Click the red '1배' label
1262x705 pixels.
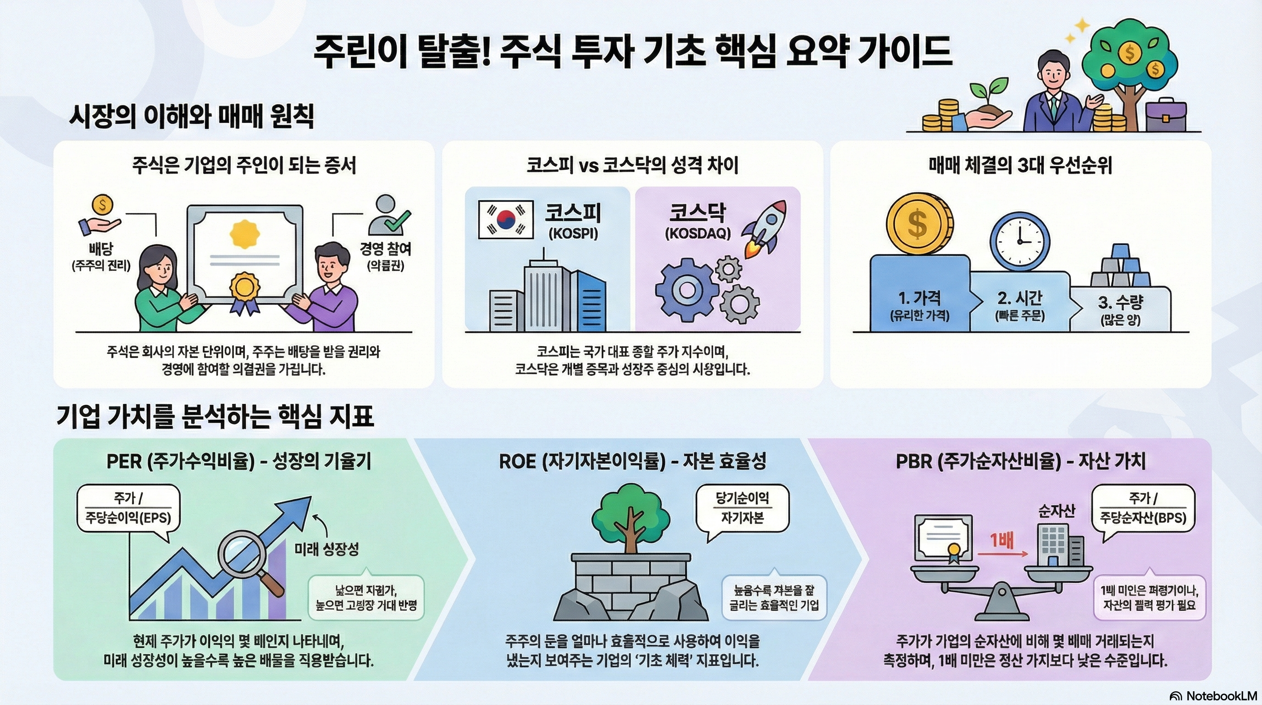(1002, 540)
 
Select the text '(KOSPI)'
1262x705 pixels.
(573, 233)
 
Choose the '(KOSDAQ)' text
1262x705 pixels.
(697, 233)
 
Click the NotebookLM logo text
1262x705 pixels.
(1220, 696)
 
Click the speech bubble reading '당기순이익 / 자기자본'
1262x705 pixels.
(742, 508)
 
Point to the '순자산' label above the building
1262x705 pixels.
(1056, 511)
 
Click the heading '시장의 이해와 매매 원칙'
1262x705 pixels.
(192, 117)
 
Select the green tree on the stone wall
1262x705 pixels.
(631, 511)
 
